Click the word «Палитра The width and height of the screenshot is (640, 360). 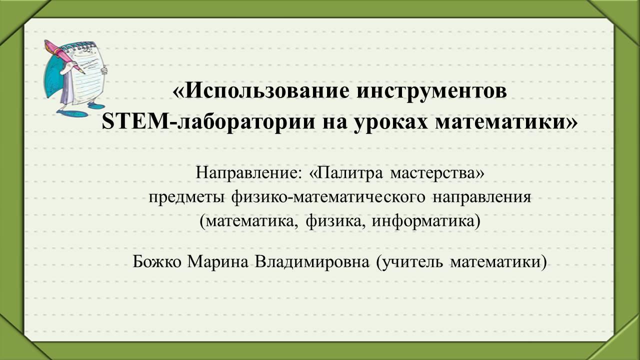[345, 173]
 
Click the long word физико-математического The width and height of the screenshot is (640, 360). [328, 197]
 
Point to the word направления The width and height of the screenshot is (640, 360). [482, 197]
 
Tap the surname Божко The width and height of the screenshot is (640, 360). [157, 261]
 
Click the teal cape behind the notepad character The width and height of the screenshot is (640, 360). [54, 74]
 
